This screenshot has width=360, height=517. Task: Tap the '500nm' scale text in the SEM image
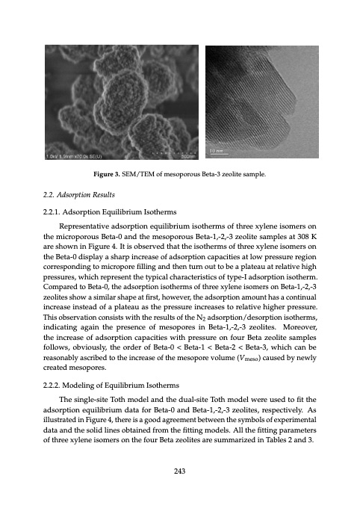coord(187,156)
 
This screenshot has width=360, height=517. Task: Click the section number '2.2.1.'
coord(56,212)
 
